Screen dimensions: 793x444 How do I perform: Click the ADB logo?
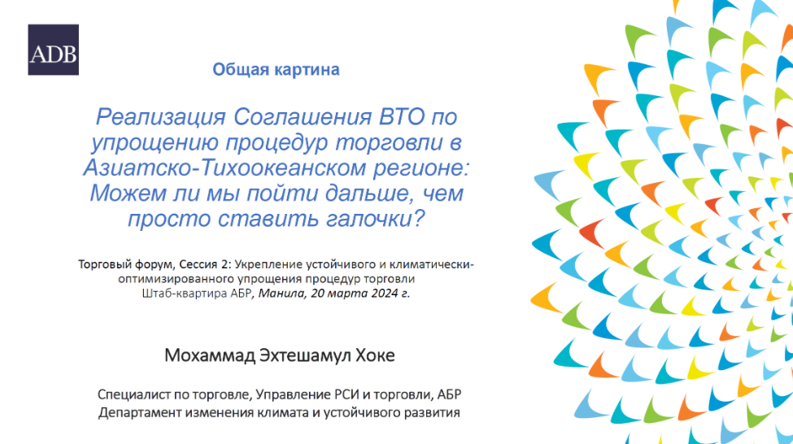pyautogui.click(x=53, y=50)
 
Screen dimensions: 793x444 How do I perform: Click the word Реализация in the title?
pyautogui.click(x=161, y=118)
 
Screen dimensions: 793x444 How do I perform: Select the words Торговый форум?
pyautogui.click(x=126, y=264)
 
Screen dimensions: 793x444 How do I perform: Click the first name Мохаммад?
pyautogui.click(x=210, y=355)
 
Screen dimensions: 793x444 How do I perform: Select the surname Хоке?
pyautogui.click(x=375, y=355)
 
